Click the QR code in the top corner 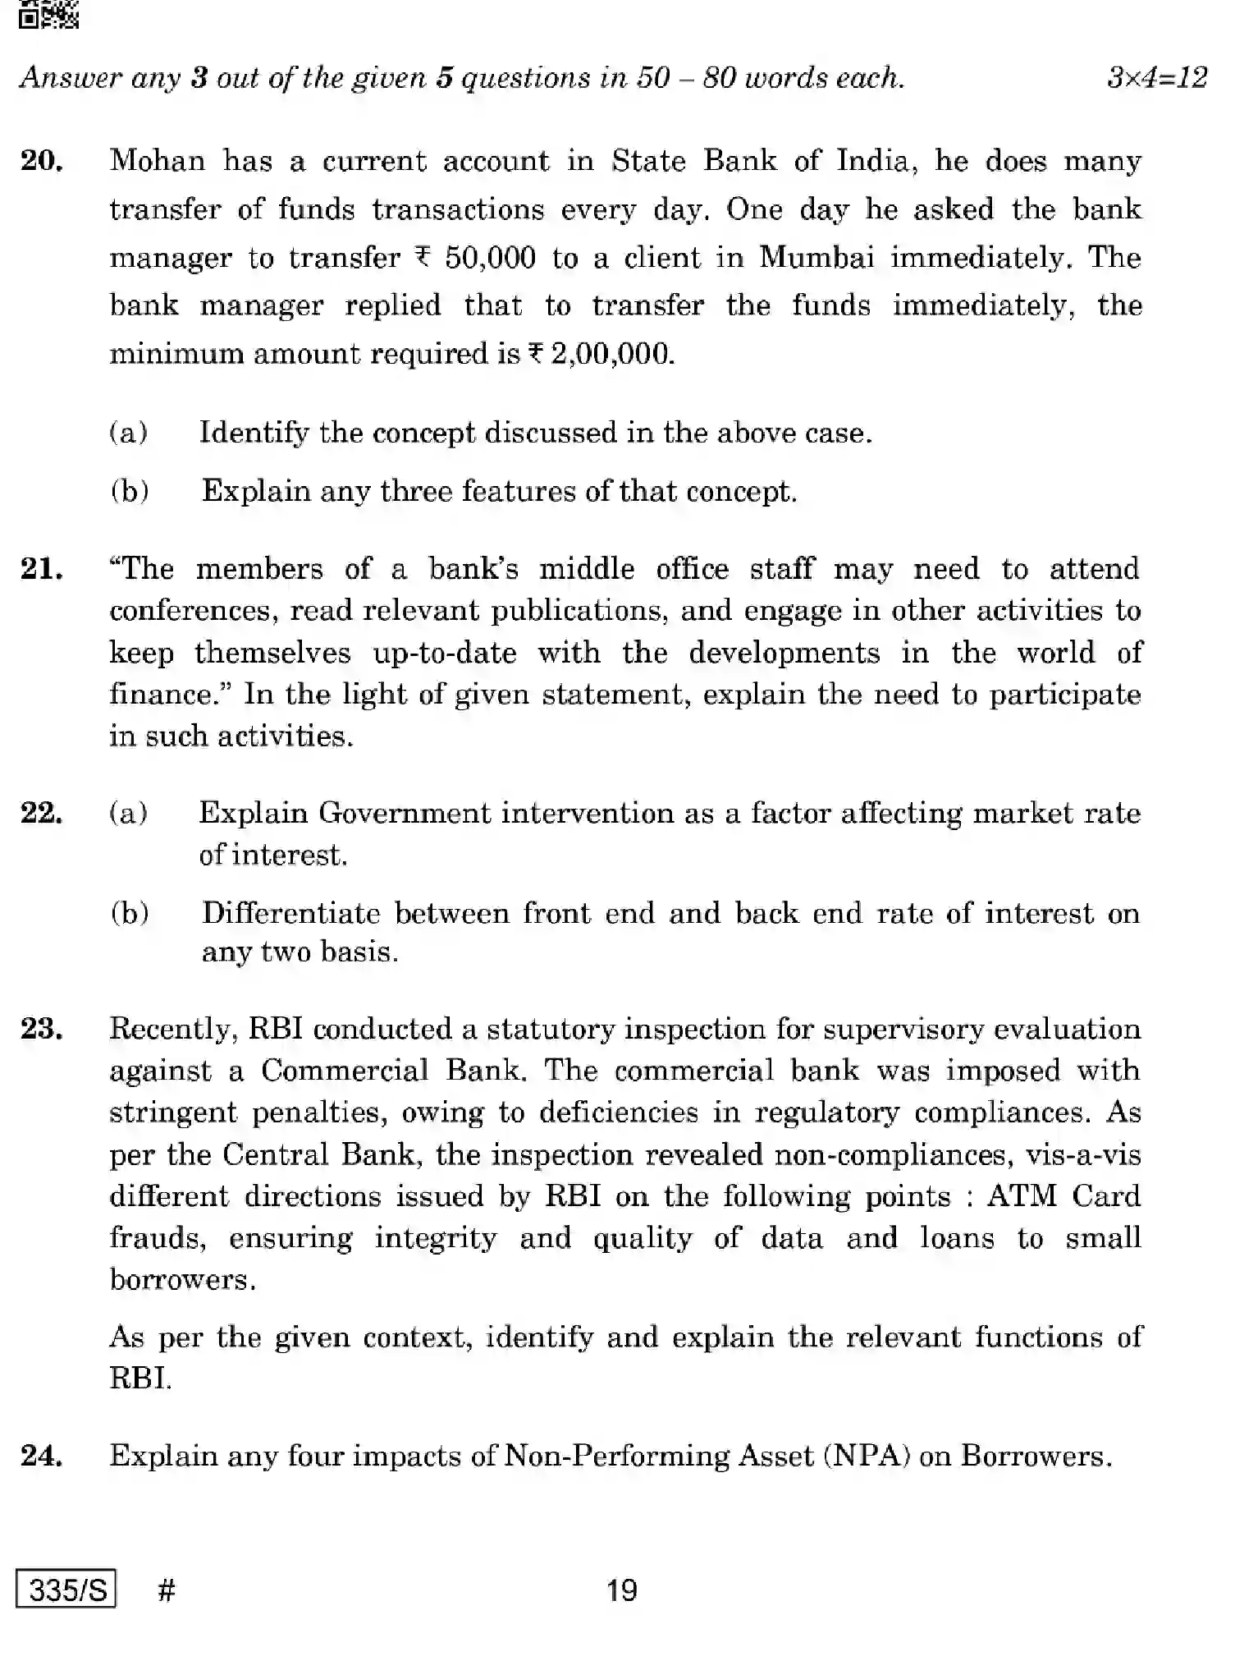point(48,14)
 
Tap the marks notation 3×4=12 point(1156,78)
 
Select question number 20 point(42,160)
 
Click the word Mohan point(157,160)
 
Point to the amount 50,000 point(490,258)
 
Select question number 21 point(42,568)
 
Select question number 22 point(42,813)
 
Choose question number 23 point(42,1028)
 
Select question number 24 point(42,1456)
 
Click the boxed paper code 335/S point(66,1590)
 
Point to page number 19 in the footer point(621,1590)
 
